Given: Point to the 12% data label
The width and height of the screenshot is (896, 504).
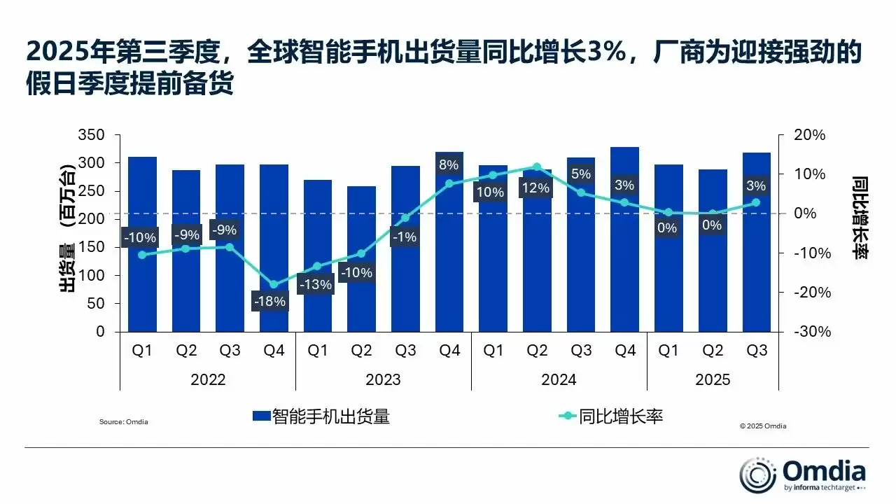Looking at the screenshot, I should [x=536, y=188].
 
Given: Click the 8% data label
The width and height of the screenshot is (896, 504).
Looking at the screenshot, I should [x=449, y=165].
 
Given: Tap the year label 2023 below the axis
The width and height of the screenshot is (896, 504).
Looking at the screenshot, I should [x=383, y=379].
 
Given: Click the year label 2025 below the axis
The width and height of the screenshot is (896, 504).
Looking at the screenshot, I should [x=713, y=379].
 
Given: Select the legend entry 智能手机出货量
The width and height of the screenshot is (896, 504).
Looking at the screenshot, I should [x=321, y=416].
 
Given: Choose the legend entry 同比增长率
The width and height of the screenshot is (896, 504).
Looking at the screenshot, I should [x=610, y=416].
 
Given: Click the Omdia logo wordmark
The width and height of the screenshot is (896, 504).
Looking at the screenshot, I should [x=824, y=470].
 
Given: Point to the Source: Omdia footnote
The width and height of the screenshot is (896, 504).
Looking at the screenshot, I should [x=124, y=422].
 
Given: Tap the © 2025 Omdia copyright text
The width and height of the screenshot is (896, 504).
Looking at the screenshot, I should [x=763, y=426].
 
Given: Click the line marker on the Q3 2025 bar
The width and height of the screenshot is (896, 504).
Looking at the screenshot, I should [x=756, y=203].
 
